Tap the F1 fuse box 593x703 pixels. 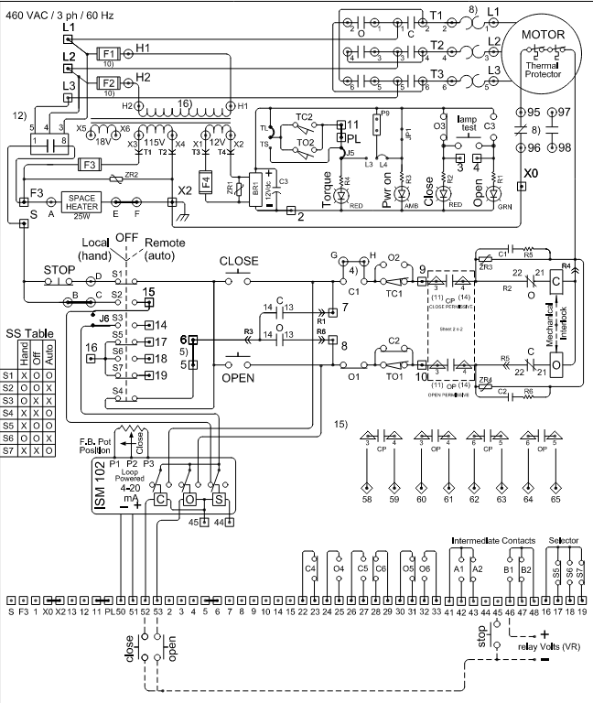[x=108, y=54]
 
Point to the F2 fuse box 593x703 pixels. [x=108, y=81]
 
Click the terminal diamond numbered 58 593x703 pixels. [x=366, y=475]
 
